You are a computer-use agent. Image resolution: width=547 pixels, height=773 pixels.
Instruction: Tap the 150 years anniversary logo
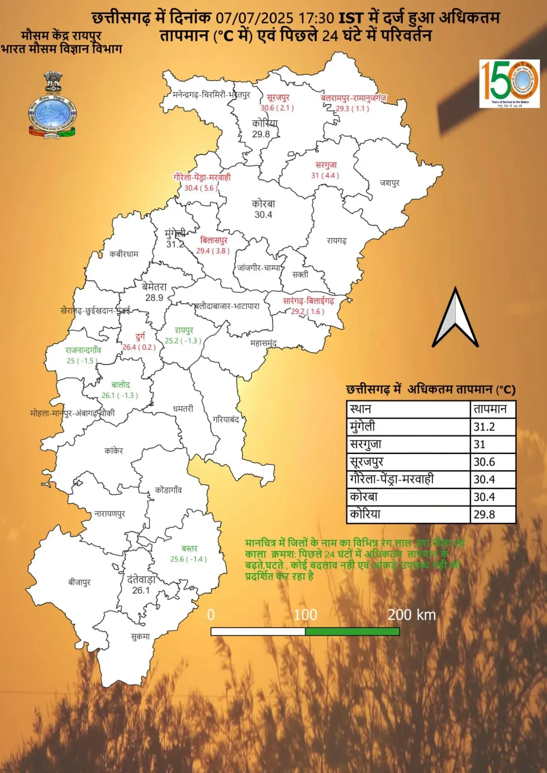509,83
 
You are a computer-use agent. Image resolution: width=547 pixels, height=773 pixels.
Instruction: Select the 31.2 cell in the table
493,427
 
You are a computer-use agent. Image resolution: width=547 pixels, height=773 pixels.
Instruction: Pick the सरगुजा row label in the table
366,444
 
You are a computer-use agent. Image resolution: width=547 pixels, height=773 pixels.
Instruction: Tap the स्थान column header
361,409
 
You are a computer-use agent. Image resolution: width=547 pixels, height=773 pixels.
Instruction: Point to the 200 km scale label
412,614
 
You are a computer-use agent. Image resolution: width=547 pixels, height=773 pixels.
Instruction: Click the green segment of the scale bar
352,631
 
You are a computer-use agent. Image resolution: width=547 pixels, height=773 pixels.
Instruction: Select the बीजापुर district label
79,582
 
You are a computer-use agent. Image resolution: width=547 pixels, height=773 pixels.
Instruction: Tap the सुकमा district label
140,637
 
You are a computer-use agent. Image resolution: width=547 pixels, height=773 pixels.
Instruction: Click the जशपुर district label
390,183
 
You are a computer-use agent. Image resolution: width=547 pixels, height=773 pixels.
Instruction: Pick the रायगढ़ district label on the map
337,240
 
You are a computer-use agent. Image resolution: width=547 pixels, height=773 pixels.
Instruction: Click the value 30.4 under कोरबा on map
264,215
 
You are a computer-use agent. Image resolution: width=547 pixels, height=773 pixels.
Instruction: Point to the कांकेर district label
114,451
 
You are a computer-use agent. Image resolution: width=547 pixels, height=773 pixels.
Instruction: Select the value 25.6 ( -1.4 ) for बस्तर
189,559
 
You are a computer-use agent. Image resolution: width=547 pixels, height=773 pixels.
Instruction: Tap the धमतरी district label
183,408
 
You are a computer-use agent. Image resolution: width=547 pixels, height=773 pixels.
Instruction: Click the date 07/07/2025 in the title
254,18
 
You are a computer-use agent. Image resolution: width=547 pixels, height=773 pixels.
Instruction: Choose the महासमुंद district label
263,343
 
